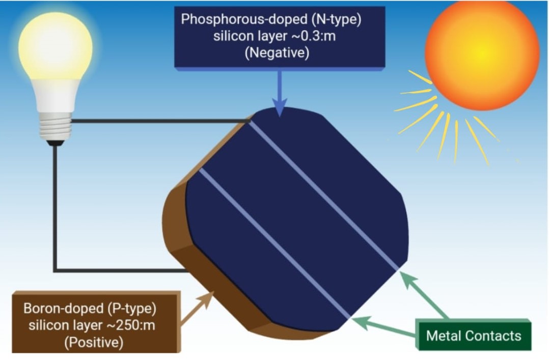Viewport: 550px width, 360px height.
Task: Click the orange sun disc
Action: pyautogui.click(x=482, y=53)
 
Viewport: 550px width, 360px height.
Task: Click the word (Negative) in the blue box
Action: pyautogui.click(x=277, y=53)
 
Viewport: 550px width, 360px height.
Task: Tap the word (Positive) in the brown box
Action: pyautogui.click(x=94, y=343)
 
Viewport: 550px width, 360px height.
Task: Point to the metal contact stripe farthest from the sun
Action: pyautogui.click(x=275, y=244)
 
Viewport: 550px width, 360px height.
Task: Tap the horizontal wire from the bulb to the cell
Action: pyautogui.click(x=158, y=121)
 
